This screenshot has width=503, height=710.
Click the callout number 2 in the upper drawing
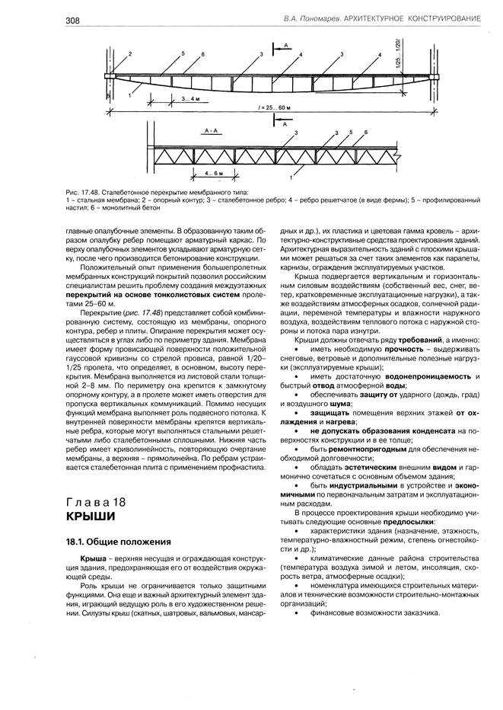pos(130,53)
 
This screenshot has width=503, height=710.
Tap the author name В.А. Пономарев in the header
pos(311,16)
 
